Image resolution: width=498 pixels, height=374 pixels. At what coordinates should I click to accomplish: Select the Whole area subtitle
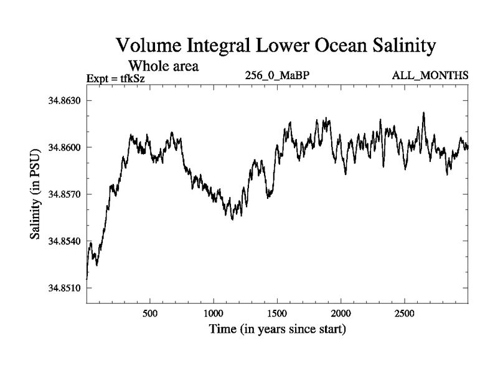tap(163, 65)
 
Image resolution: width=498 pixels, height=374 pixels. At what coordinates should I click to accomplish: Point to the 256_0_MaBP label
tap(278, 76)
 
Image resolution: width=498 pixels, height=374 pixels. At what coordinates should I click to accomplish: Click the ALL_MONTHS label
tap(430, 76)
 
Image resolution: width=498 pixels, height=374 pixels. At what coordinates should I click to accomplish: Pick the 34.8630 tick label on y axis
tap(65, 100)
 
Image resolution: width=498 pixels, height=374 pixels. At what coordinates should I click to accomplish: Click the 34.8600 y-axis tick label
tap(65, 147)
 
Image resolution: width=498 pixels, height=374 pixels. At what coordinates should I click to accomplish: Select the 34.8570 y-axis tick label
tap(65, 194)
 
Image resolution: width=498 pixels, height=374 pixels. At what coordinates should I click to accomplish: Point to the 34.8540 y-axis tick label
tap(65, 241)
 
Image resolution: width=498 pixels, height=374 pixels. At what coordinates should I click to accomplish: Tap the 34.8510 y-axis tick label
tap(65, 288)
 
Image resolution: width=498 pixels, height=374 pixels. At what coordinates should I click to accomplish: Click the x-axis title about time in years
tap(278, 328)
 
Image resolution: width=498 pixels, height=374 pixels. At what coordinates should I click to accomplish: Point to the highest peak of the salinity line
tap(424, 113)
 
